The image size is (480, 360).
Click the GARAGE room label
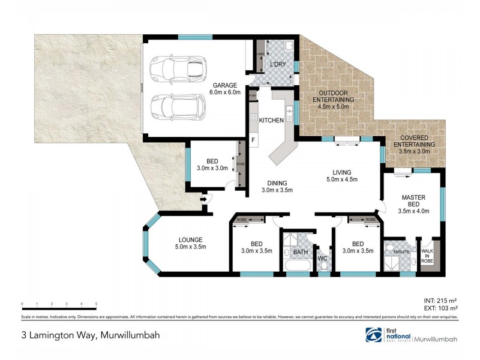click(x=224, y=89)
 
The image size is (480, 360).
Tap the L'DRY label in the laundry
click(x=277, y=64)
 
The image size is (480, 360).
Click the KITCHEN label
click(x=271, y=121)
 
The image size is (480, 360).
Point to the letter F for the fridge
click(x=253, y=140)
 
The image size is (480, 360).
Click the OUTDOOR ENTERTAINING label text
click(x=335, y=100)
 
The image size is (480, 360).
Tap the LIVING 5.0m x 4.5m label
click(x=342, y=175)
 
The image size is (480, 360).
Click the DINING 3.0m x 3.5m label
click(x=277, y=187)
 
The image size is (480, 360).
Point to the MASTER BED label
click(x=413, y=202)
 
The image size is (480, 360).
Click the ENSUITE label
click(x=401, y=251)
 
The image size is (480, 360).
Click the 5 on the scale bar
click(x=96, y=304)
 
